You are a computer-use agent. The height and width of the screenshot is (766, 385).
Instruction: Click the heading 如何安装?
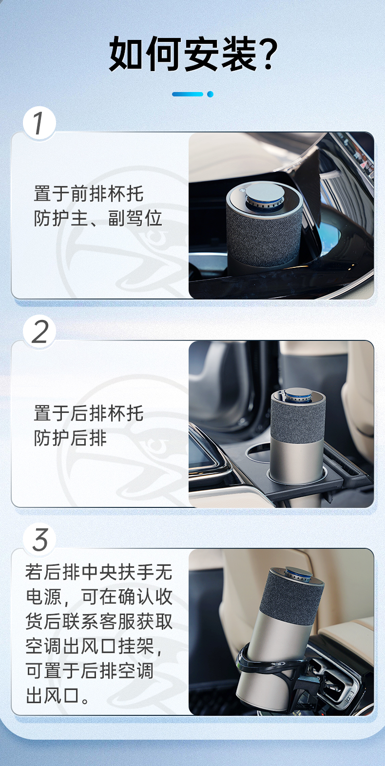[x=193, y=54]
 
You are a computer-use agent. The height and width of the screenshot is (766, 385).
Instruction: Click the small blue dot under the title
[x=210, y=94]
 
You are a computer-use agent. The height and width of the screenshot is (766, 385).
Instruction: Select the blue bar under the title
[x=188, y=94]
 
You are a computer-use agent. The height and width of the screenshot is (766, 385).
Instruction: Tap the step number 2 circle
[x=39, y=331]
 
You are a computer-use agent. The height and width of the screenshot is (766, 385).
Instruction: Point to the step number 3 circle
[x=39, y=539]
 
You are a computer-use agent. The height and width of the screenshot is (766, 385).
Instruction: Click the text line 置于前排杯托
[x=88, y=193]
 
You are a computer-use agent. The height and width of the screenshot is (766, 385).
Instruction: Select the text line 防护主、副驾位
[x=97, y=218]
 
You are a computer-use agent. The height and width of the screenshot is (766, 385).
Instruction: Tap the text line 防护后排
[x=70, y=438]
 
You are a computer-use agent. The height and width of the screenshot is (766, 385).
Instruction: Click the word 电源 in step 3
[x=44, y=597]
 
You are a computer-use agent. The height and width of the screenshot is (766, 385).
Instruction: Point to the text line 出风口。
[x=58, y=695]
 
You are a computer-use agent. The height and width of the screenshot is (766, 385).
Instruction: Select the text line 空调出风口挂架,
[x=94, y=646]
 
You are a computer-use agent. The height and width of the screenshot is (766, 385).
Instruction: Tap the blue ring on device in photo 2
[x=298, y=397]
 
